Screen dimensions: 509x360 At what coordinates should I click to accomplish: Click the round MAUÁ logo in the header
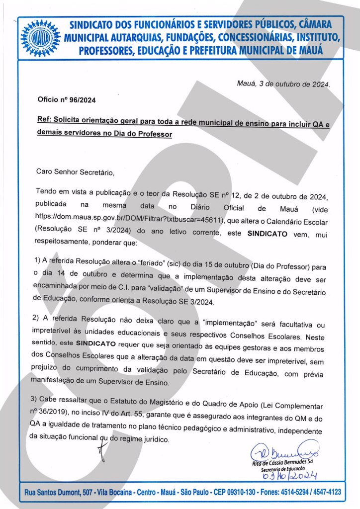40,37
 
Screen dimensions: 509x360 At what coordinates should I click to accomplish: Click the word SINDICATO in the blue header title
95,24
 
